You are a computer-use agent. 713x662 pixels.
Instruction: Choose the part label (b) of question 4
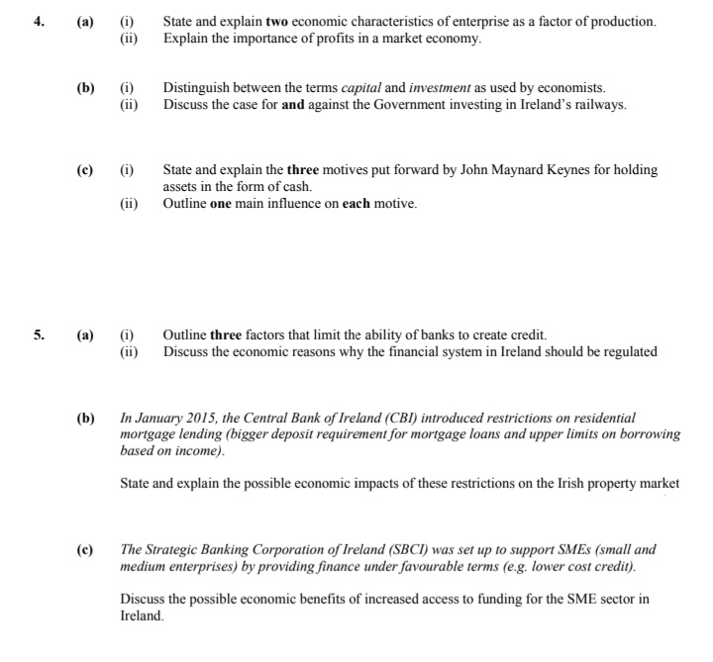[87, 88]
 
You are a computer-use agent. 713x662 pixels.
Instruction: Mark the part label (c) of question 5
[87, 548]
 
